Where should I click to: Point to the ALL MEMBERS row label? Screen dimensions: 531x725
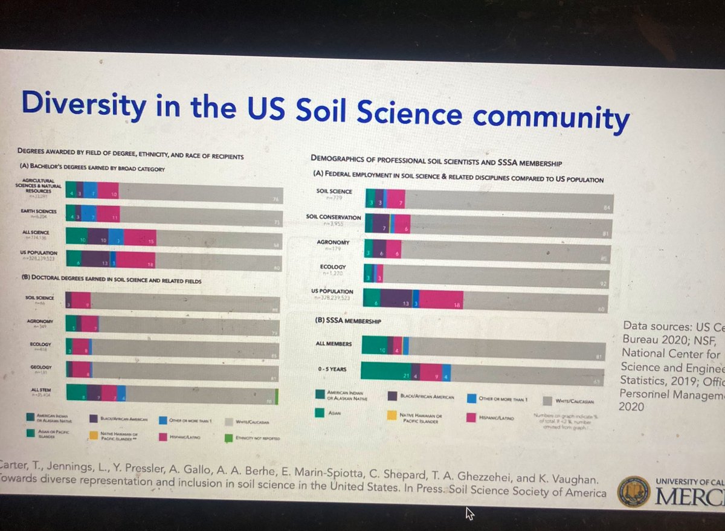coord(334,344)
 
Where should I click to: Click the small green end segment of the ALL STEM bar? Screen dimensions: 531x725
coord(276,396)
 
